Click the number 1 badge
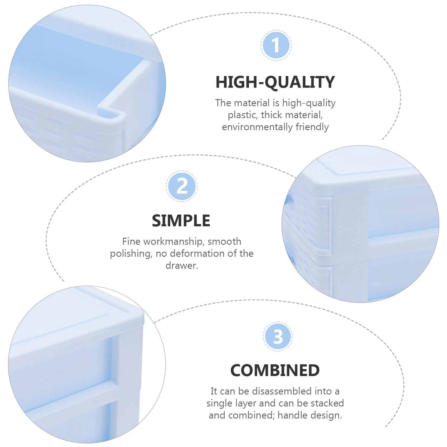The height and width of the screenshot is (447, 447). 276,45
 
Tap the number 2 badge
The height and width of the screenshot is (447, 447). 182,186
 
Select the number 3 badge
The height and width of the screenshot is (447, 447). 278,337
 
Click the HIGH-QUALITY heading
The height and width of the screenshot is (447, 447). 275,82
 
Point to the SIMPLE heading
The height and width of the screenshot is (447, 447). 181,221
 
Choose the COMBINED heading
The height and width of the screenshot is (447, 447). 275,370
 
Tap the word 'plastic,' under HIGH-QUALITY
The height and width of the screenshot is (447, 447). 243,115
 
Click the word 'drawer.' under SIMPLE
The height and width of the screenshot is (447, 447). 182,265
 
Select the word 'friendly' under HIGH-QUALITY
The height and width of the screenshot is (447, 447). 312,127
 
